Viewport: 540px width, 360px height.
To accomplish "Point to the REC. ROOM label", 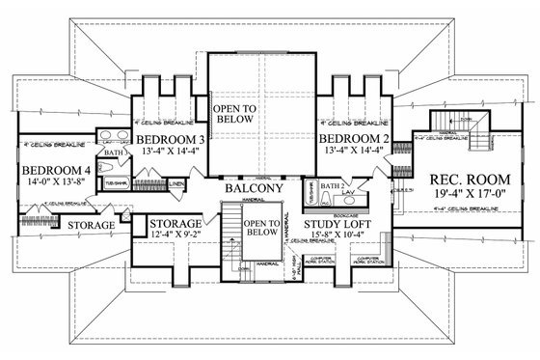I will click(x=455, y=178).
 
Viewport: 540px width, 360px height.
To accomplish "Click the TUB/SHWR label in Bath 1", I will click(x=112, y=180).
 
